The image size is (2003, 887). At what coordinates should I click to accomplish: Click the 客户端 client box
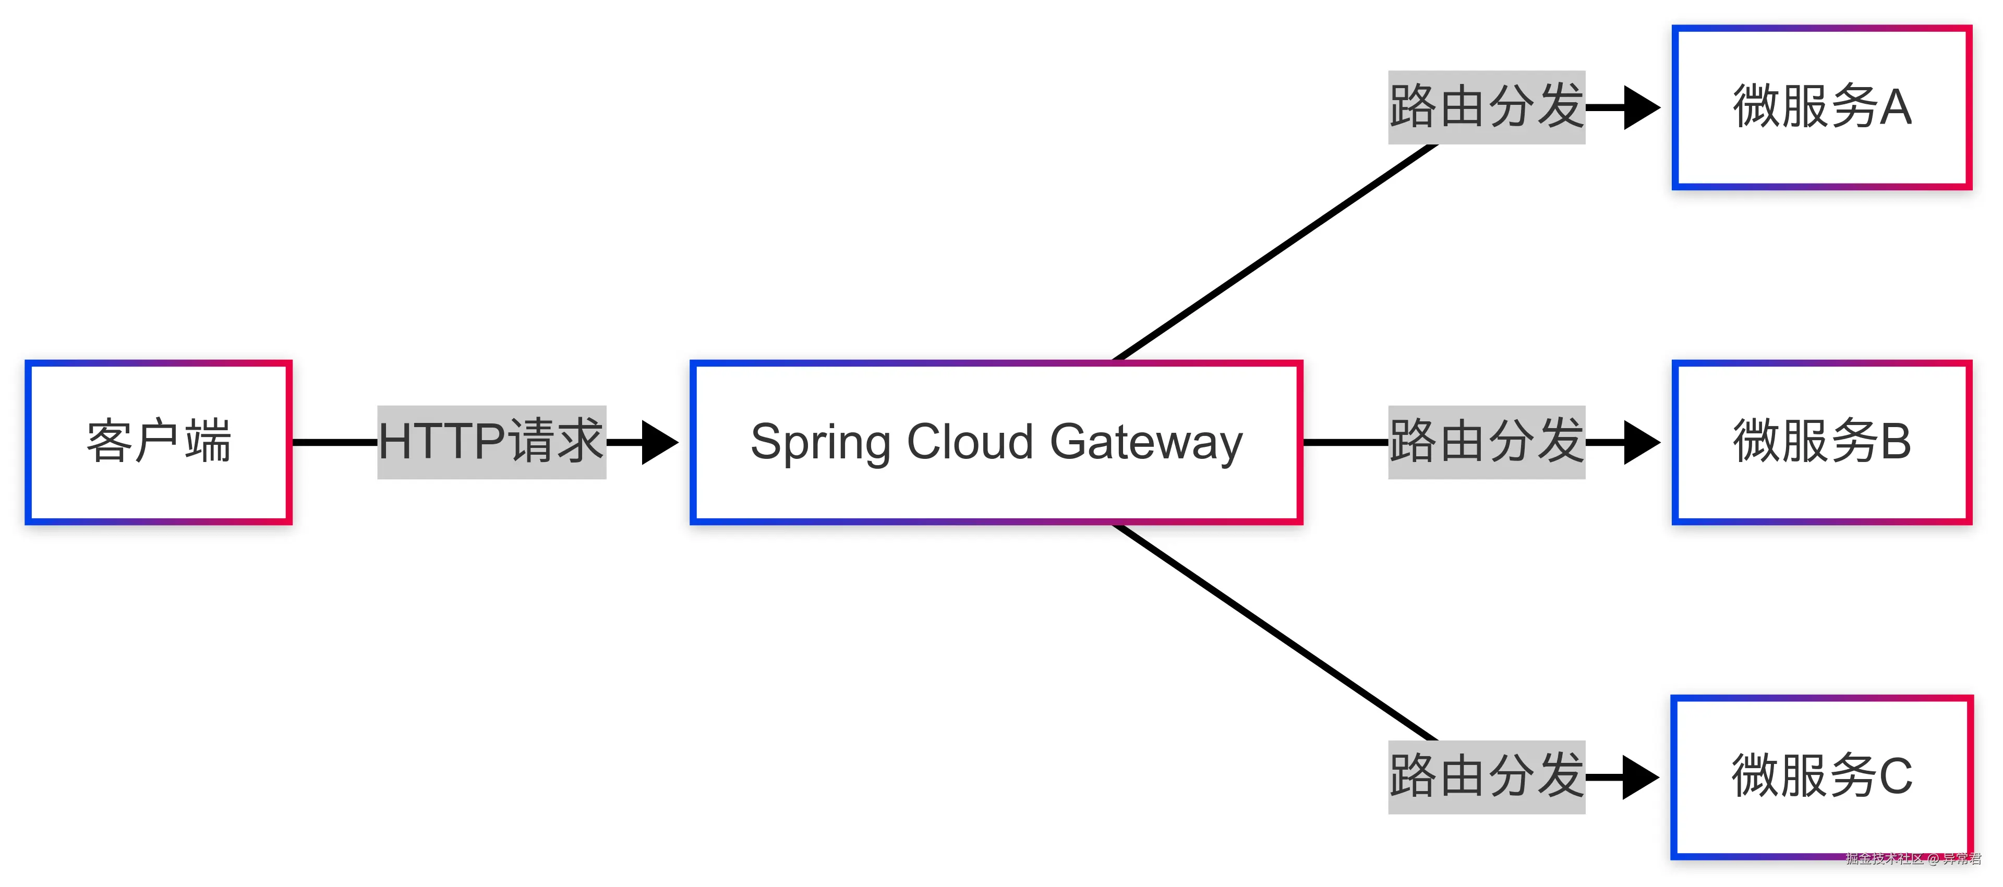tap(159, 442)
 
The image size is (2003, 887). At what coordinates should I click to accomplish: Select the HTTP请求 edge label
tap(491, 442)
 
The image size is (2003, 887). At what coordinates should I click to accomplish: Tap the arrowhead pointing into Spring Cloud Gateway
tap(659, 442)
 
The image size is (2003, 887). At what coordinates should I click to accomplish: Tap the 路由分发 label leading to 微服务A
tap(1486, 107)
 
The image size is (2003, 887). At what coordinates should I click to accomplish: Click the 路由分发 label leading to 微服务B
tap(1486, 442)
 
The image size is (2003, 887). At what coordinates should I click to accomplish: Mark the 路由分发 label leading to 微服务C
tap(1486, 776)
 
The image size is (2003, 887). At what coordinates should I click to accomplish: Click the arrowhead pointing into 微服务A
tap(1640, 107)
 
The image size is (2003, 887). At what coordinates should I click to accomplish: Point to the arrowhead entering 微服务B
tap(1640, 442)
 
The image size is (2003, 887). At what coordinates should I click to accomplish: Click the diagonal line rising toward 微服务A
tap(1275, 253)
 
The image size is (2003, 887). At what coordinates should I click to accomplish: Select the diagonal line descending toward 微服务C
tap(1275, 632)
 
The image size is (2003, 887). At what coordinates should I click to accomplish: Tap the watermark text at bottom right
tap(1913, 858)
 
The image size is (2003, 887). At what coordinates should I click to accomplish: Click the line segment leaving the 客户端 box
tap(334, 442)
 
